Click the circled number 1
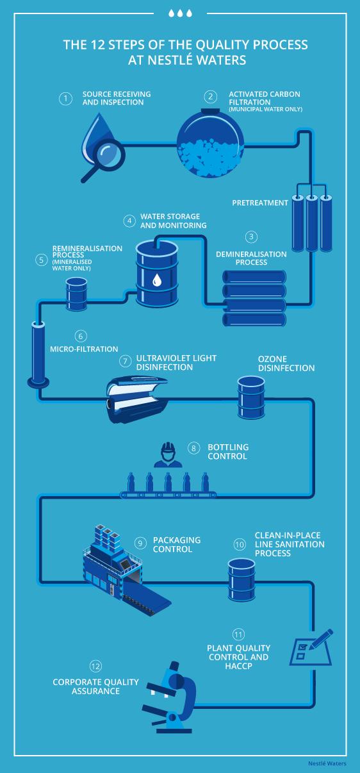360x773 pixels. tap(65, 99)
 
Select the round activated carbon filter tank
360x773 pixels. tap(210, 143)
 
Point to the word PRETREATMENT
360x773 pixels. tap(260, 203)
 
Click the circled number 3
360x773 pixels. tap(251, 237)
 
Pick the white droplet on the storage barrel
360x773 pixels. tap(157, 280)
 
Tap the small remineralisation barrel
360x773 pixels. tap(77, 294)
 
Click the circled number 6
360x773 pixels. tap(81, 336)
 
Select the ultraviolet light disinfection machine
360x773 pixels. tap(137, 399)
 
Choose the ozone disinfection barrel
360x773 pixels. tap(251, 397)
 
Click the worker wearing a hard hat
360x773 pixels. tap(168, 455)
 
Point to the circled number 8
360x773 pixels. tap(194, 448)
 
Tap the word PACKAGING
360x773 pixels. tap(177, 540)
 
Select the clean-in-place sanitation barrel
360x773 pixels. tap(241, 579)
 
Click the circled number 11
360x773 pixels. tap(239, 635)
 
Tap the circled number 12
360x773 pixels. tap(95, 666)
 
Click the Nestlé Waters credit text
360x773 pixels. tap(327, 763)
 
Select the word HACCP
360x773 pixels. tap(239, 666)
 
